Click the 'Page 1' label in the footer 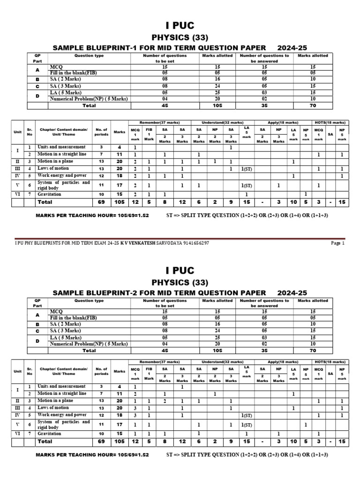337,243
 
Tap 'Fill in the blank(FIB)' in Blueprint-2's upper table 74,317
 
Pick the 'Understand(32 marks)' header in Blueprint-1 219,122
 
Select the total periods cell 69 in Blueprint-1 101,202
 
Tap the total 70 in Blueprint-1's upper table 313,105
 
